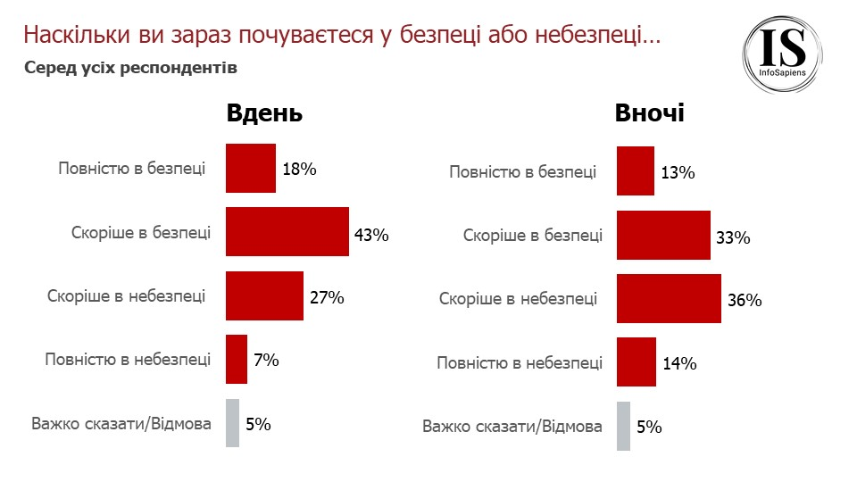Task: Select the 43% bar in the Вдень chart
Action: coord(287,231)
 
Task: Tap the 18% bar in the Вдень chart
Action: coord(250,169)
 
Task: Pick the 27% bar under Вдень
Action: coord(264,295)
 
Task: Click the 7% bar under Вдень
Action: coord(236,359)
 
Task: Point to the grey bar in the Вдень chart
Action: coord(232,423)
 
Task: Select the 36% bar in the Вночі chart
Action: coord(669,299)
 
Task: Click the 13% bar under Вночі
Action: coord(635,171)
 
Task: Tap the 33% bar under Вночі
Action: coord(663,236)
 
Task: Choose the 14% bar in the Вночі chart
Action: coord(636,362)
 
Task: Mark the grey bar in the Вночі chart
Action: coord(623,427)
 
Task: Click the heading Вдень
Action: coord(264,114)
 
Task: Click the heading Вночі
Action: coord(649,114)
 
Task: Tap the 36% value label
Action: coord(744,301)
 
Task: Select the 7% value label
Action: coord(266,361)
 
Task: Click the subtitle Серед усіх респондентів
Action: coord(130,68)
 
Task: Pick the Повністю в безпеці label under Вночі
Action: coord(522,172)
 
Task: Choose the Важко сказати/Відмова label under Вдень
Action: coord(121,423)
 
